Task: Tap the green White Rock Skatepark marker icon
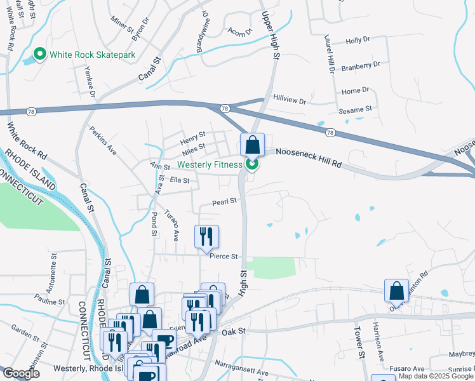pyautogui.click(x=40, y=55)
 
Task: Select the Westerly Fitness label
pyautogui.click(x=210, y=164)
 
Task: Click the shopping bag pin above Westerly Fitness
pyautogui.click(x=252, y=145)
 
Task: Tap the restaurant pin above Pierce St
pyautogui.click(x=206, y=237)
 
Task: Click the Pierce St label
pyautogui.click(x=224, y=257)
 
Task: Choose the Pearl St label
pyautogui.click(x=224, y=201)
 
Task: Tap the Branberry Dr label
pyautogui.click(x=360, y=65)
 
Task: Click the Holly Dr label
pyautogui.click(x=358, y=41)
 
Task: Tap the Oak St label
pyautogui.click(x=233, y=331)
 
